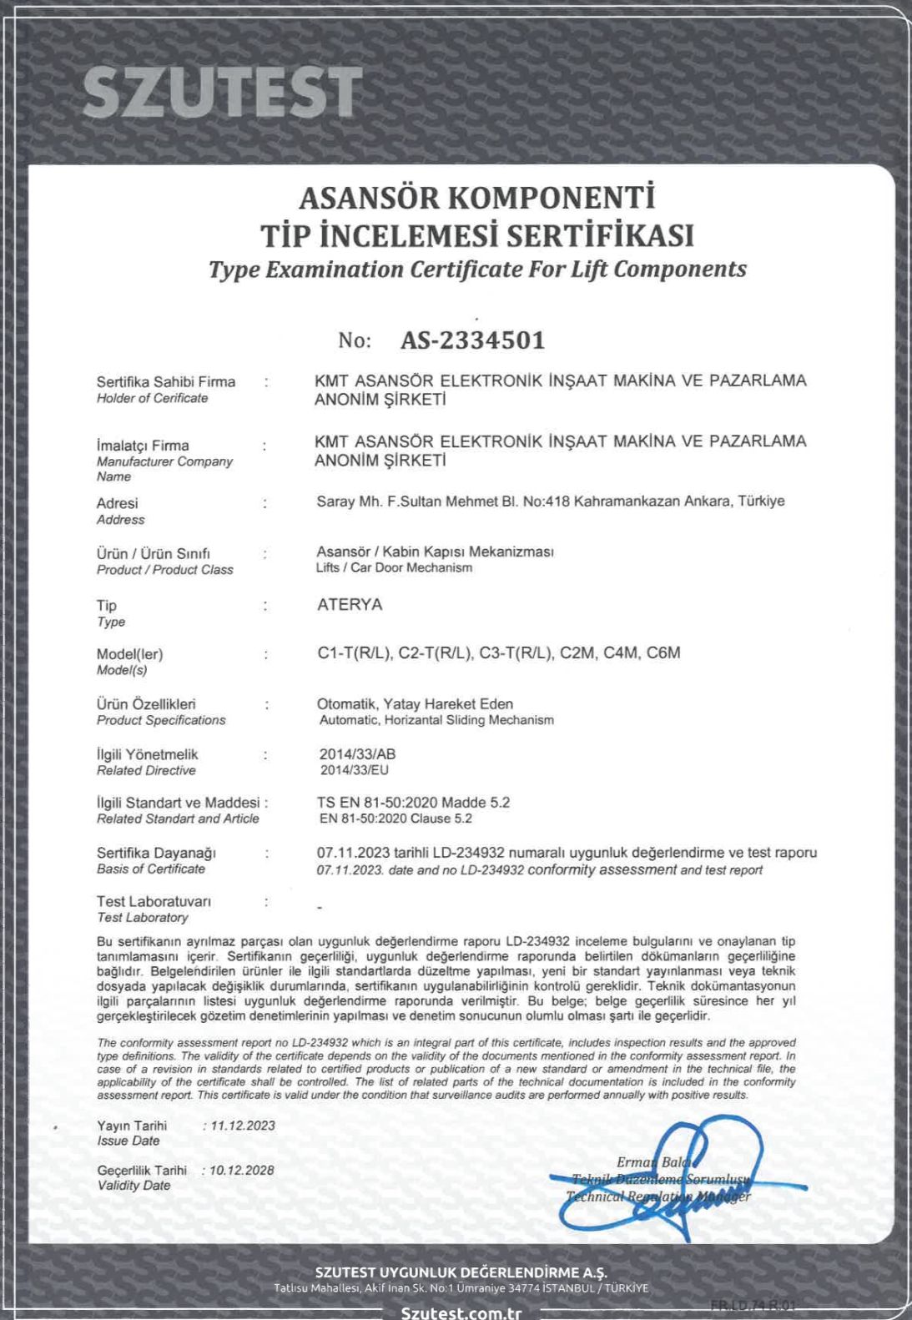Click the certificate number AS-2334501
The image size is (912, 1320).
[472, 340]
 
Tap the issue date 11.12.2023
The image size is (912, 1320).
[243, 1126]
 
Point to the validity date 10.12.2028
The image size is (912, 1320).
[242, 1170]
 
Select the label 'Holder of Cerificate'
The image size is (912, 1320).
[152, 399]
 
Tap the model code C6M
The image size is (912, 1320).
[663, 652]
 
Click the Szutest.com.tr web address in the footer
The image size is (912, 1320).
[461, 1312]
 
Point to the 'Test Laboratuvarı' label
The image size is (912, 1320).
[154, 901]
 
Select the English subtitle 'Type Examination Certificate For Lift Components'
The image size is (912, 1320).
[477, 270]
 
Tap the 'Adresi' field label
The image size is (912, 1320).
[117, 503]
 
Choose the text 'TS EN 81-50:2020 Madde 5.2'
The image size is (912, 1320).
[413, 803]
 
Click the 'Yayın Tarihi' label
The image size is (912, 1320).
[132, 1126]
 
